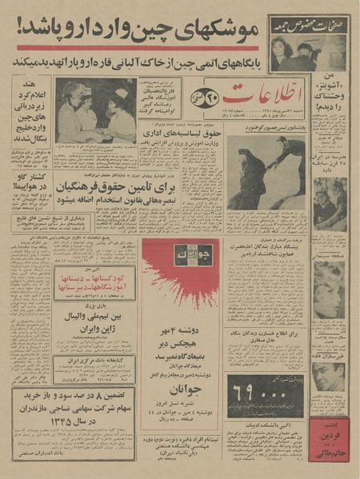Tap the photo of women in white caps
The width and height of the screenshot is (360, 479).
[96, 110]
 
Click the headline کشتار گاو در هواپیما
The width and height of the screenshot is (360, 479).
[33, 187]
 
